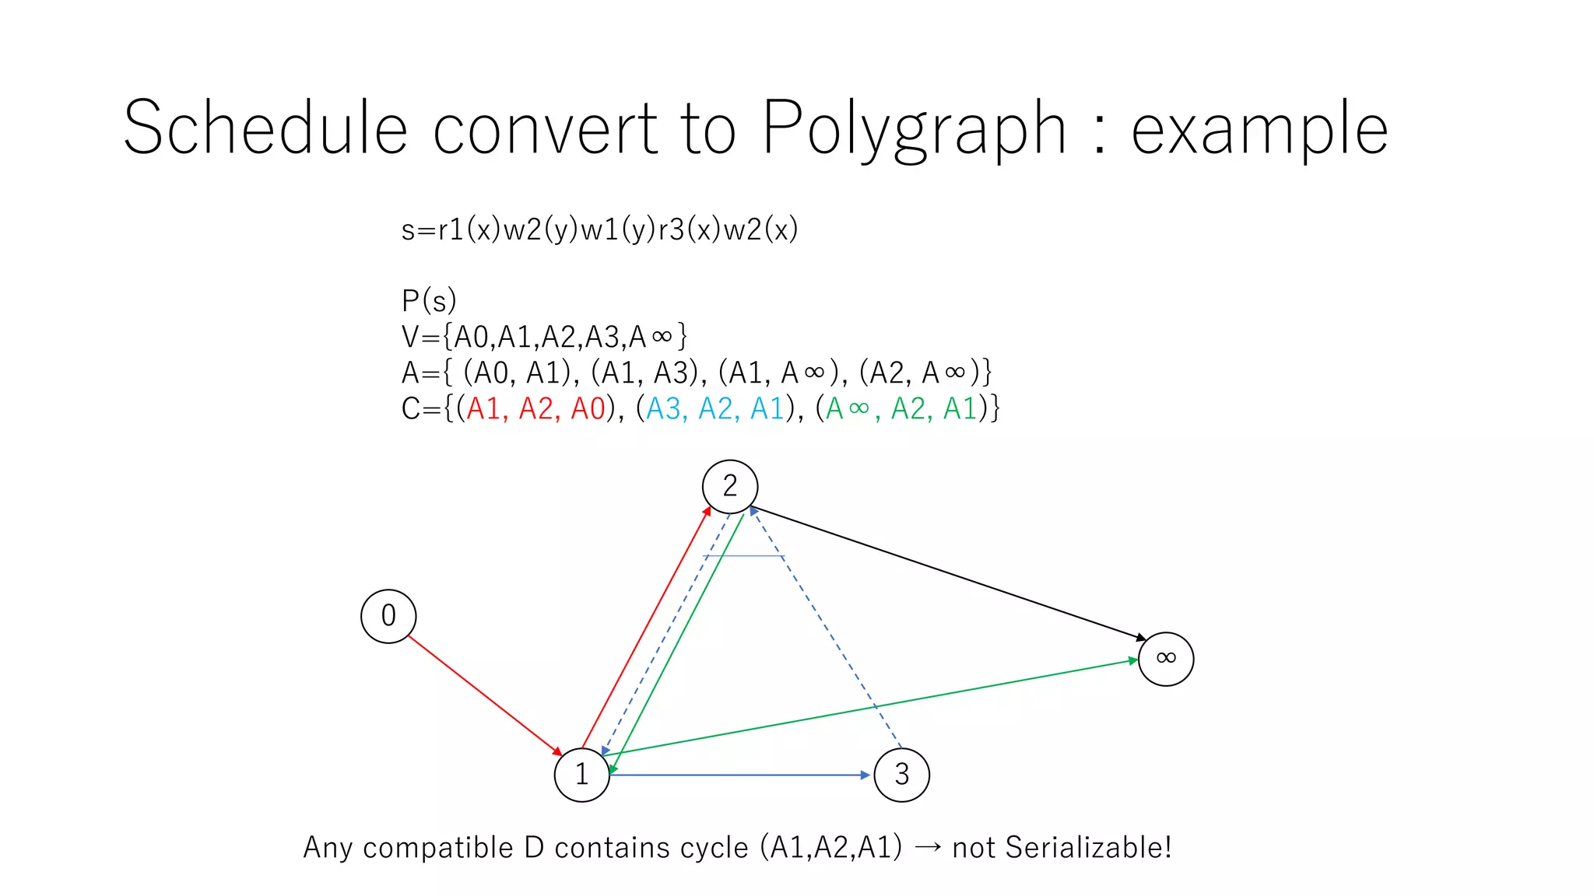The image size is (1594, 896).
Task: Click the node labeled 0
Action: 388,616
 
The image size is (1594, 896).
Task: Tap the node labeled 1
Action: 581,775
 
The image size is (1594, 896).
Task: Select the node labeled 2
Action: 730,487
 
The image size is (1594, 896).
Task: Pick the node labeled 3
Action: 901,775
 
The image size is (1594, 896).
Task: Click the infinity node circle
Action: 1165,659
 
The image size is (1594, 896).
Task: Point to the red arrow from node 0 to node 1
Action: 483,694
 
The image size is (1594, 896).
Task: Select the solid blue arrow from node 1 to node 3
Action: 739,775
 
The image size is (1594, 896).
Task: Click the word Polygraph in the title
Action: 913,128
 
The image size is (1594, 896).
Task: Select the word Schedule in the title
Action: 265,128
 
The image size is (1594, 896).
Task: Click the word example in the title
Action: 1259,128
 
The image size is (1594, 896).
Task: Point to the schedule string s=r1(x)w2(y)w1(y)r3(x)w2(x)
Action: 599,230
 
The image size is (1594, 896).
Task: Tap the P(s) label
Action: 429,300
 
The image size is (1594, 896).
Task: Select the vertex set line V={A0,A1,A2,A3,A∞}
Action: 544,337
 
